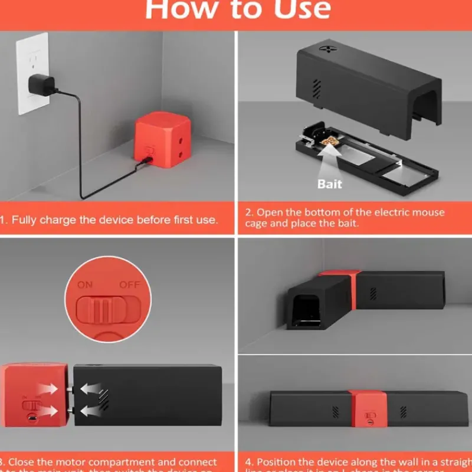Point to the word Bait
click(329, 183)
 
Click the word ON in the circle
click(85, 284)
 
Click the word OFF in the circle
click(130, 284)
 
